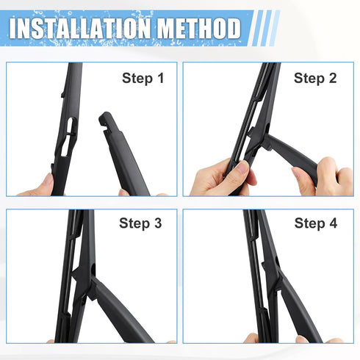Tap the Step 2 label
315,77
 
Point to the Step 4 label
315,223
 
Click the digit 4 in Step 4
332,223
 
